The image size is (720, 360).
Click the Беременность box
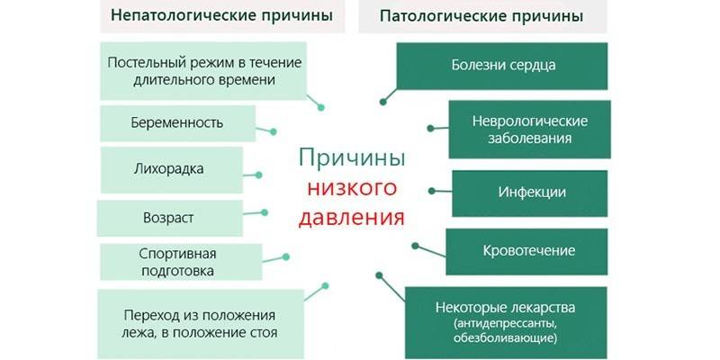pyautogui.click(x=176, y=122)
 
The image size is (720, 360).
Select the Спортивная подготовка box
pyautogui.click(x=177, y=262)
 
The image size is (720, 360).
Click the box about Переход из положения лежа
pyautogui.click(x=199, y=324)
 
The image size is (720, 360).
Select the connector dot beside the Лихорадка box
pyautogui.click(x=260, y=175)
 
